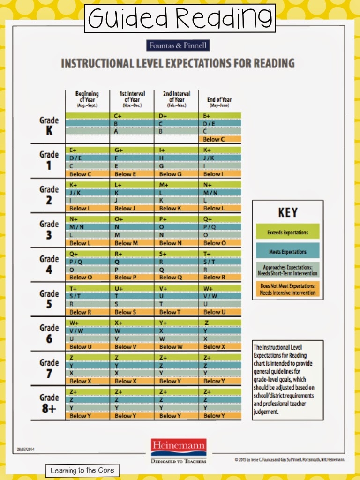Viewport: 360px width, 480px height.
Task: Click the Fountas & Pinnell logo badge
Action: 178,45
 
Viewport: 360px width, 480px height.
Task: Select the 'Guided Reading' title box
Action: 180,18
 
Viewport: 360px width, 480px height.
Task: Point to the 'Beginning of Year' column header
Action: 87,99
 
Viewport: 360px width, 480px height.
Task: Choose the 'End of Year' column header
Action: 219,101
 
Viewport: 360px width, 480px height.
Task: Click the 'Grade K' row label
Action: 49,126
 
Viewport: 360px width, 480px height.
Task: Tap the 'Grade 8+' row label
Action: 49,403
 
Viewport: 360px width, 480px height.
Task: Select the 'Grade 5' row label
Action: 49,299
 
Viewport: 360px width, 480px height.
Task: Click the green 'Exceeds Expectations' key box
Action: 288,232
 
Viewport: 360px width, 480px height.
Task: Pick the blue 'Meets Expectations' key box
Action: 288,252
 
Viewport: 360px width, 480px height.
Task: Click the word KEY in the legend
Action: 288,212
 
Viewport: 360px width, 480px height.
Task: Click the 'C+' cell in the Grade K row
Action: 131,115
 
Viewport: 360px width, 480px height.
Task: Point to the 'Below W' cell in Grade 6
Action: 176,347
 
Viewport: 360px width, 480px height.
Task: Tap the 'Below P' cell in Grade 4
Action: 131,277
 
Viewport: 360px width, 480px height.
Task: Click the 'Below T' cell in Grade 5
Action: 176,312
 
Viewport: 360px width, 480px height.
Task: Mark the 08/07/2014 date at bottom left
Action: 27,449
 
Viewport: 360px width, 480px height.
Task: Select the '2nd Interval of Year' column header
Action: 176,99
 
